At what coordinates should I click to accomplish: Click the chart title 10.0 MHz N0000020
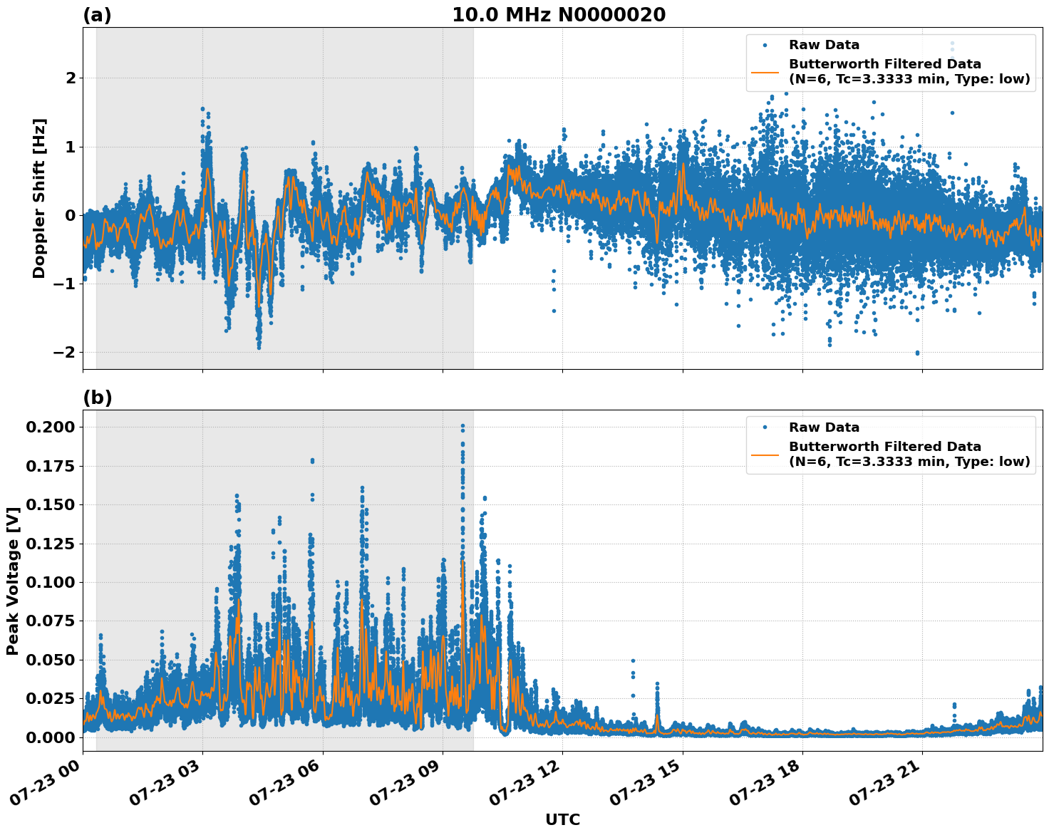click(x=559, y=15)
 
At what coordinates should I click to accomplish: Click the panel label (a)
click(x=97, y=15)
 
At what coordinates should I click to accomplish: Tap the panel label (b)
click(x=97, y=398)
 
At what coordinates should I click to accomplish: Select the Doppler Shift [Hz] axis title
click(x=39, y=198)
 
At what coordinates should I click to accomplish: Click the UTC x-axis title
click(x=562, y=819)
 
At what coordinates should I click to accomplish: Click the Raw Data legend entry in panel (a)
click(x=824, y=45)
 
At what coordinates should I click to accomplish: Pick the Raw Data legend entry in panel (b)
click(x=824, y=427)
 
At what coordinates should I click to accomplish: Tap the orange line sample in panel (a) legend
click(x=765, y=72)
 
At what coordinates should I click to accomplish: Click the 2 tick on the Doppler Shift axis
click(x=71, y=78)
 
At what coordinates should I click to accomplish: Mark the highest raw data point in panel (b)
click(x=463, y=426)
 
